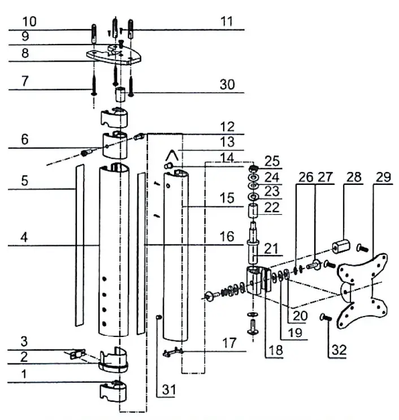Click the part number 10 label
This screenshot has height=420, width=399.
pos(29,21)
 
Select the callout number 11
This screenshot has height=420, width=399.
pos(227,21)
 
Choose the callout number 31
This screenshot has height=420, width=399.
pos(167,390)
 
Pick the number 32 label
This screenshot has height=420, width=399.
pos(337,350)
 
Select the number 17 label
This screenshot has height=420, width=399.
pos(228,343)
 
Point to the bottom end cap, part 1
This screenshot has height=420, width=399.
pos(114,391)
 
